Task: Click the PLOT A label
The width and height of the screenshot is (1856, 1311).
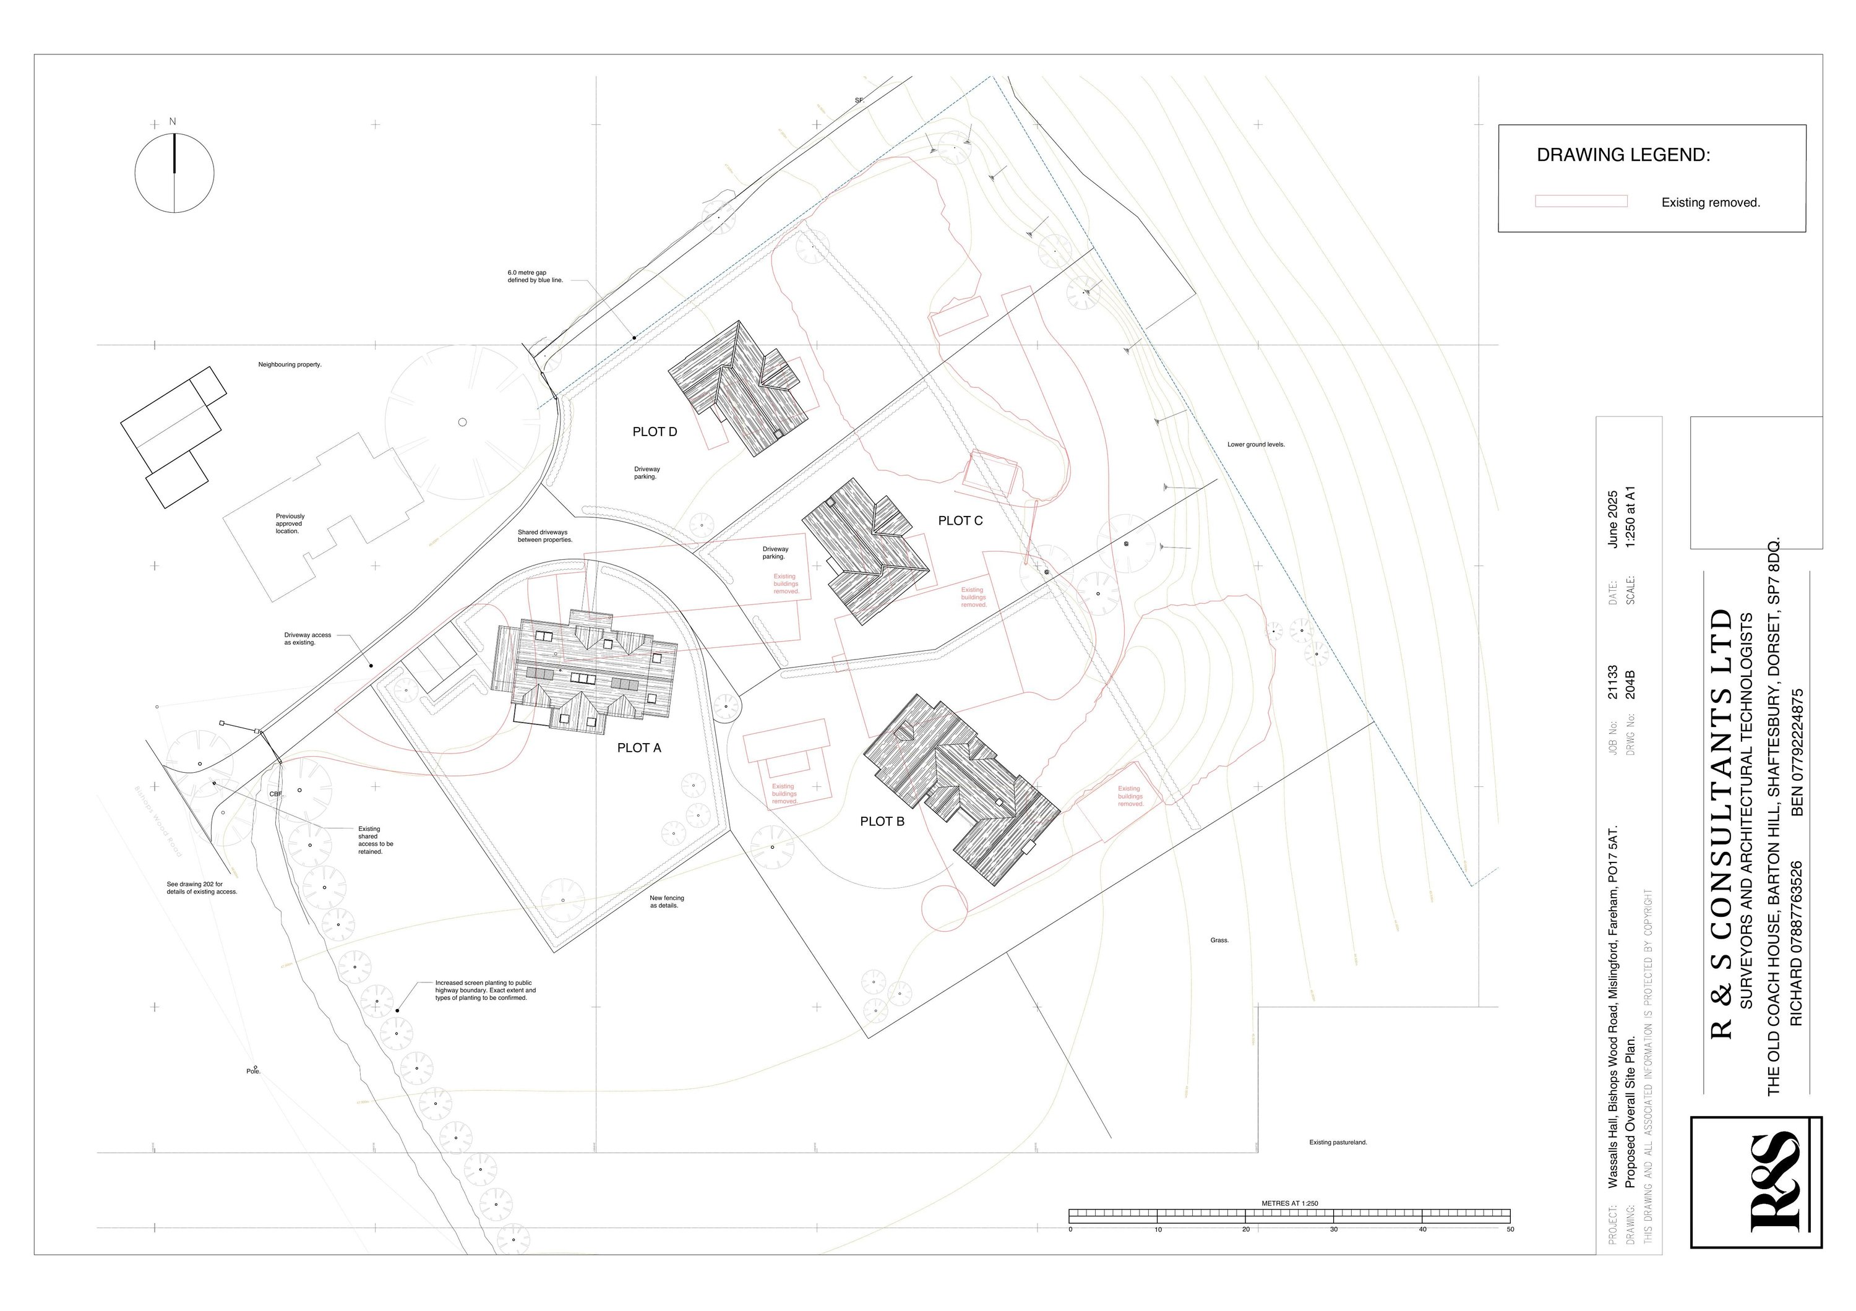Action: click(638, 747)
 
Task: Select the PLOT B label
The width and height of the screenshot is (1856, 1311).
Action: click(882, 821)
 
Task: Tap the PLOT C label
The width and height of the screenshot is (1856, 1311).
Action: click(960, 520)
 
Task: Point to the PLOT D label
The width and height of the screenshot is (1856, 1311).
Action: click(655, 432)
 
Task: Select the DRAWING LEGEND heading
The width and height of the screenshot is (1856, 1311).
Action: click(1623, 155)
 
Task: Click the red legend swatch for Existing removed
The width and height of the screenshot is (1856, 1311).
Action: click(1581, 201)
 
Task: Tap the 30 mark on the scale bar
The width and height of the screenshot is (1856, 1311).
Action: click(1334, 1229)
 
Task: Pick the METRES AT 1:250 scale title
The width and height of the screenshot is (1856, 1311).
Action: click(1289, 1203)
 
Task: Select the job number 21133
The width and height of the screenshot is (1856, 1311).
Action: click(1612, 682)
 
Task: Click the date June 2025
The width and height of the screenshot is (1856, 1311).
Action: click(1612, 520)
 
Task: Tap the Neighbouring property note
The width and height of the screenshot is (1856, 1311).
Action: click(290, 364)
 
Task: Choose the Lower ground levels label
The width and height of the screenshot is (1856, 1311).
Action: click(1255, 445)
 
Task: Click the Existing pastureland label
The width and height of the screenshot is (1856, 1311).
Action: click(1338, 1142)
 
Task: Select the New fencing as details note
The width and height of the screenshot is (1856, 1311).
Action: click(666, 902)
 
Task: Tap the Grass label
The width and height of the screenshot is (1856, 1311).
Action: click(1219, 940)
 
